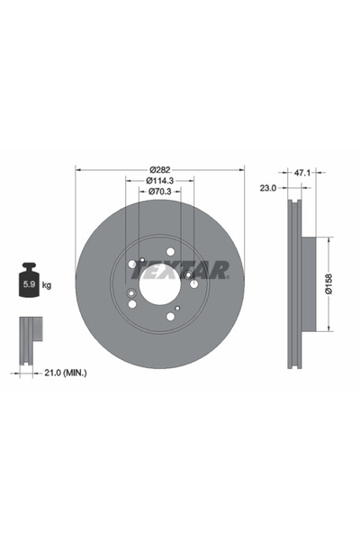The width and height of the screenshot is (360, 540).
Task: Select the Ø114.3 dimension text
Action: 159,180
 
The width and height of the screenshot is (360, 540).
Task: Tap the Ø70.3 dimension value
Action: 159,192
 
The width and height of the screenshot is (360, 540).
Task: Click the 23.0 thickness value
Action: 268,187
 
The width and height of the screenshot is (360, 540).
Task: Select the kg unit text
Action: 47,285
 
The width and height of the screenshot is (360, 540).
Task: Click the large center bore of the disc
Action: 160,288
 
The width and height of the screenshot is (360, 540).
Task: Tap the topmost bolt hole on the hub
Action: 170,251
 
